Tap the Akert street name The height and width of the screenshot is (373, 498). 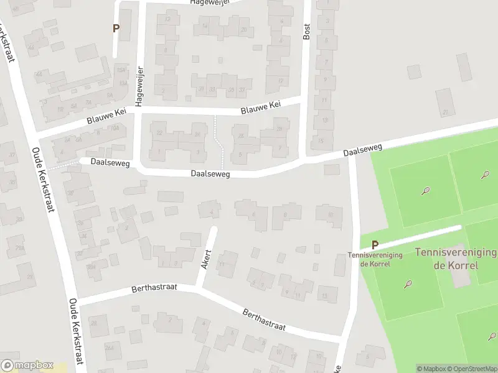tap(206, 260)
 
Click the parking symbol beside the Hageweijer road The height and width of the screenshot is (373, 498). tap(116, 28)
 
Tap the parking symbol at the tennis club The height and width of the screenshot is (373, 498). tap(375, 246)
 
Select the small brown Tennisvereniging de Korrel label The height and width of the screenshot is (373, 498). tap(375, 259)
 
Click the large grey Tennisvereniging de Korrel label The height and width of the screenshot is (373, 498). tap(456, 259)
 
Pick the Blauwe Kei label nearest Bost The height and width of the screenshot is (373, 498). tap(261, 109)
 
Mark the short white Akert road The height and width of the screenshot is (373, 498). tap(208, 255)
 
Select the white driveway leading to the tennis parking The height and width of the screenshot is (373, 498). tap(423, 237)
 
